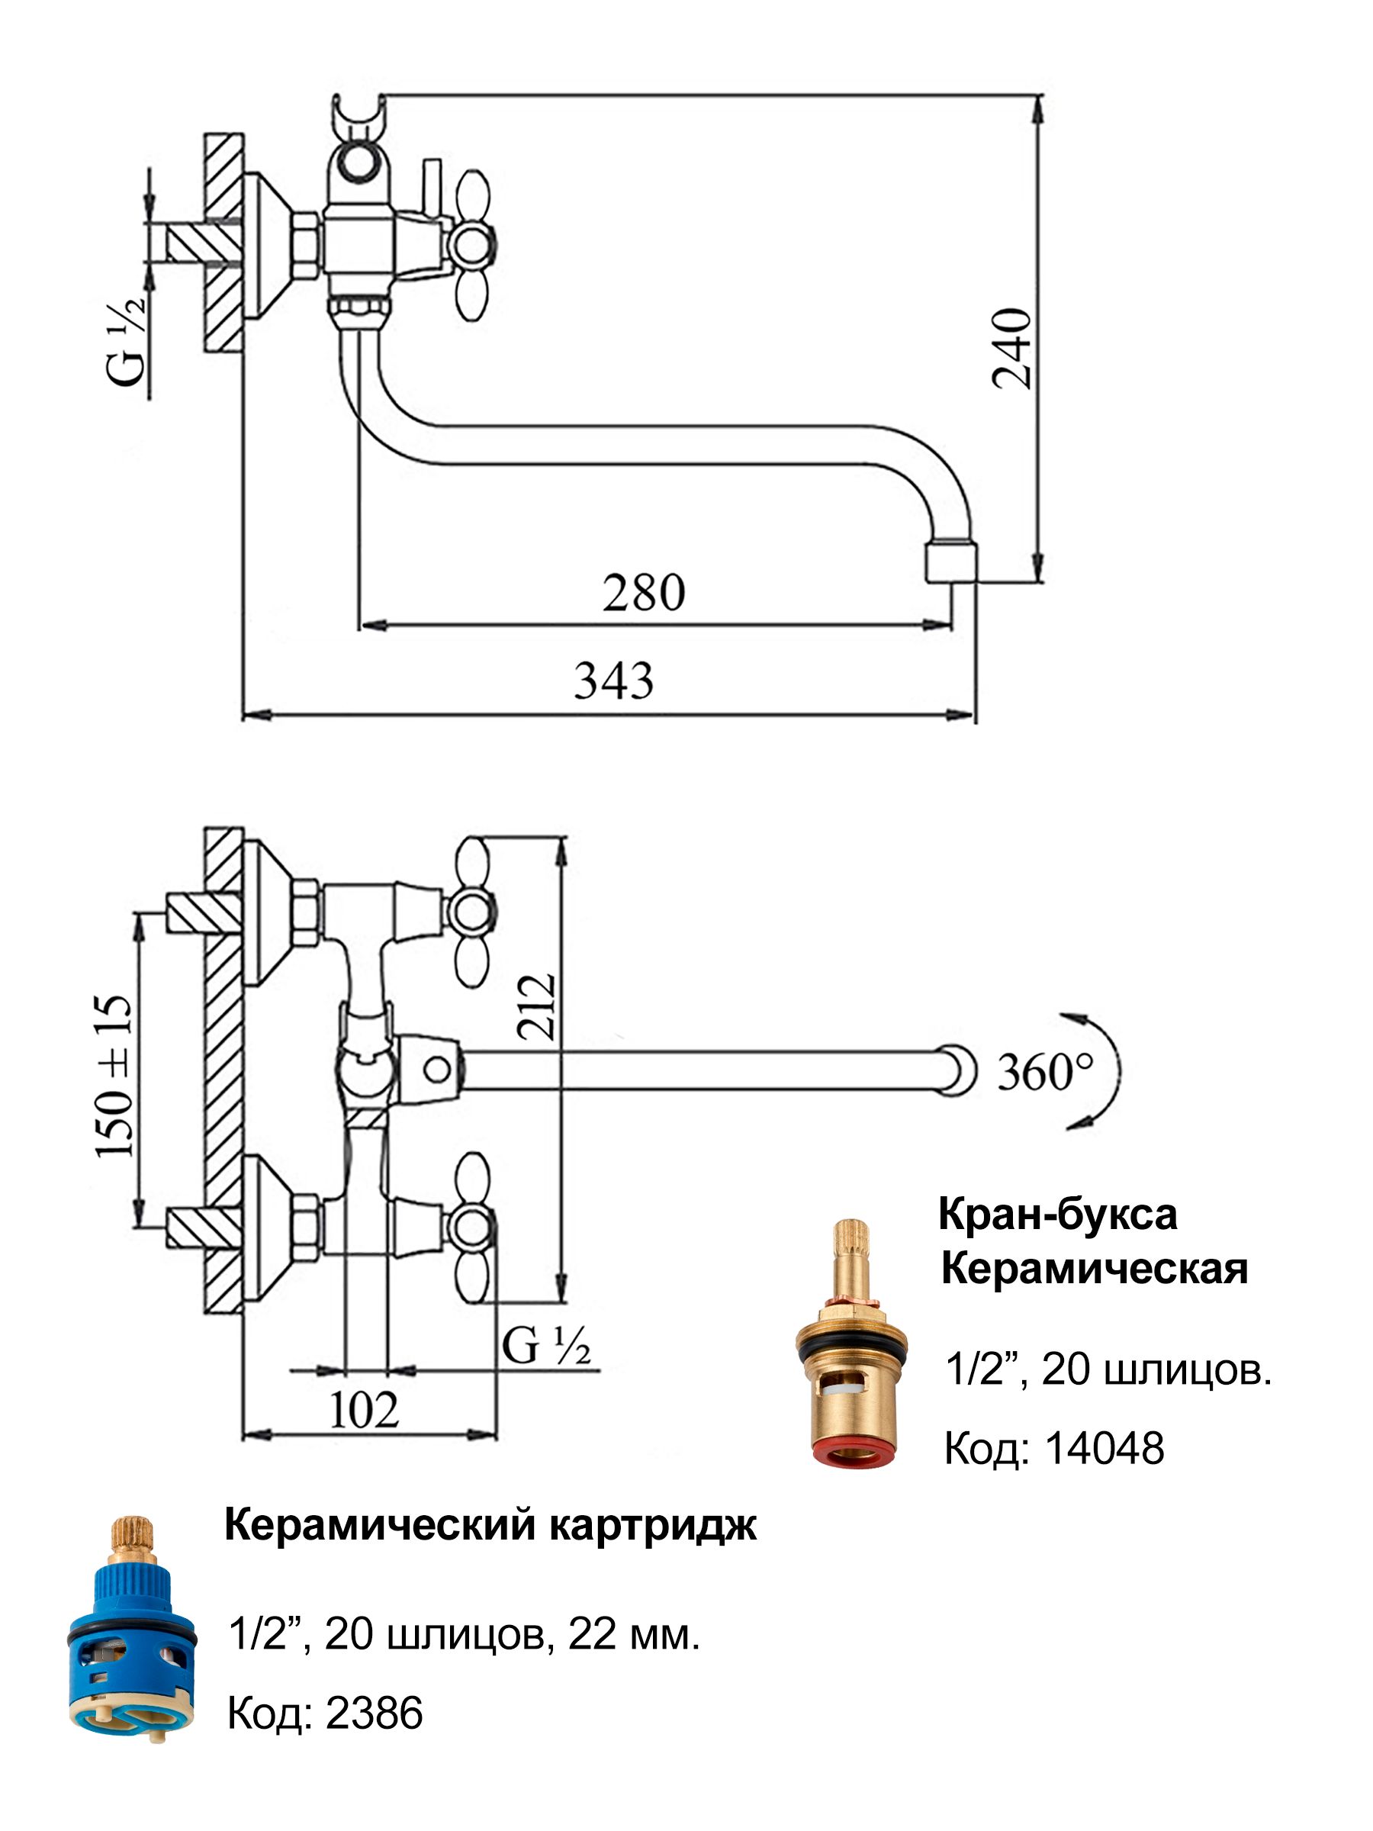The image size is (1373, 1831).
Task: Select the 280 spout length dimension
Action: pos(643,593)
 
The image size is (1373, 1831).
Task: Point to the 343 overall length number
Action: pos(613,681)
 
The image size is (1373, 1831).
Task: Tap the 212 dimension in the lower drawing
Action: pos(537,1006)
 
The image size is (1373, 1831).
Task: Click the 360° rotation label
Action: pos(1045,1072)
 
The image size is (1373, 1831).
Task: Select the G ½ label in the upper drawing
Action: pos(125,339)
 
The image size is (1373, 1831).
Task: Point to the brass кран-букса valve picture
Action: pos(851,1344)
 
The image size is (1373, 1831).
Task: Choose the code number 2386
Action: pos(374,1713)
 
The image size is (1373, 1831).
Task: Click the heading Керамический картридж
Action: pos(490,1526)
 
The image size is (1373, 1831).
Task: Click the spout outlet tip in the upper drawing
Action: pos(950,562)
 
